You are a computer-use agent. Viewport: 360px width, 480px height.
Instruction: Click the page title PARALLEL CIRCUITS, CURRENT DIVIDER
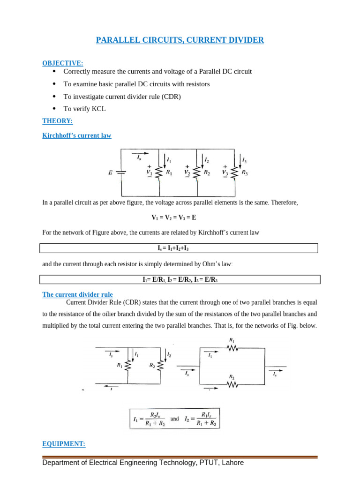coord(180,40)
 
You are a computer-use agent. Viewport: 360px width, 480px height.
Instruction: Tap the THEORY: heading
coord(57,121)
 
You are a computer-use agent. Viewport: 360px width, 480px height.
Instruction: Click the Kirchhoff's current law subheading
coord(77,135)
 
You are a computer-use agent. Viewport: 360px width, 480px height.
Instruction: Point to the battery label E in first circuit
coord(110,172)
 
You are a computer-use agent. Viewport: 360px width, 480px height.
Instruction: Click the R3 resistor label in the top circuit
coord(244,172)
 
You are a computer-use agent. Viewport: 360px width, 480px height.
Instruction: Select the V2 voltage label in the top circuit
coord(187,172)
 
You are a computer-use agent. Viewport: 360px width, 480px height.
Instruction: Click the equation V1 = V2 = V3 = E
coord(180,217)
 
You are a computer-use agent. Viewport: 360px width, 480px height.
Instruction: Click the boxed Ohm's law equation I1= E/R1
coord(180,279)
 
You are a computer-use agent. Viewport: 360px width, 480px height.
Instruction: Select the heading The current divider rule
coord(77,294)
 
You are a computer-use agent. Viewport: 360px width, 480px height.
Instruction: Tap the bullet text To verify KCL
coord(84,109)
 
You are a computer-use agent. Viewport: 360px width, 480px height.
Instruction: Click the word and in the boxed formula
coord(175,419)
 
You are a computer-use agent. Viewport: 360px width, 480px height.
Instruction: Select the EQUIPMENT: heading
coord(64,443)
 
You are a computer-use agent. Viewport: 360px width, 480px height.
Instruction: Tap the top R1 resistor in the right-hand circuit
coord(232,348)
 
